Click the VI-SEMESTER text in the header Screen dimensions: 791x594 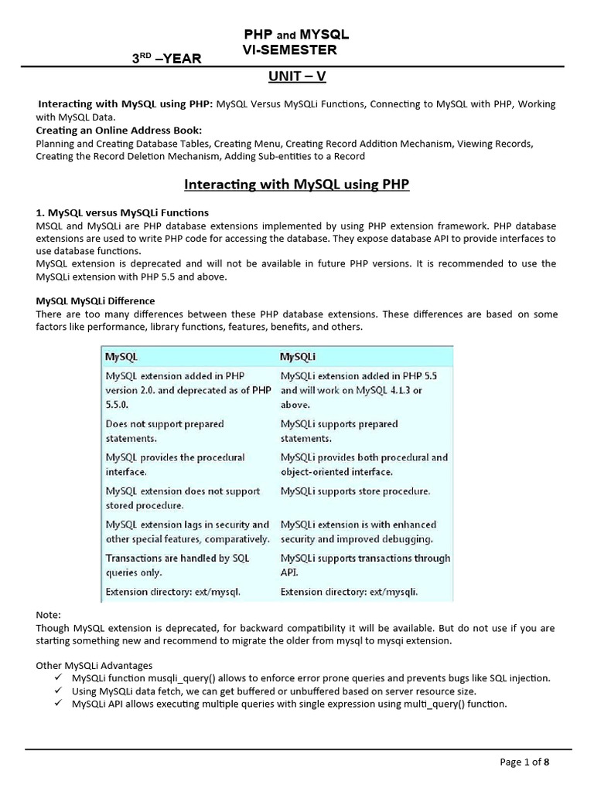[x=290, y=49]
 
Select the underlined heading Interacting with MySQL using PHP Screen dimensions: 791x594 [x=296, y=185]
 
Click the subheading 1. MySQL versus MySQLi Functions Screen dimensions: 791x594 [x=121, y=212]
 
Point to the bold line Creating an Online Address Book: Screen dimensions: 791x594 [x=118, y=130]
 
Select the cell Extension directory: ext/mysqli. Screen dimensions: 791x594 [x=350, y=592]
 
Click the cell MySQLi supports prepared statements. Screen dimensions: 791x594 [x=340, y=431]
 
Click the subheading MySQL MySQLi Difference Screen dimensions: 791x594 [x=96, y=300]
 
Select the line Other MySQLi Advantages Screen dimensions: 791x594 [x=94, y=665]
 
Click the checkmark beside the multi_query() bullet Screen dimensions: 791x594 [x=60, y=704]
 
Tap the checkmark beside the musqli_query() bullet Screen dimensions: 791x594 [x=60, y=677]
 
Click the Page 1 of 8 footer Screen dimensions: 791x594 [x=525, y=762]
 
